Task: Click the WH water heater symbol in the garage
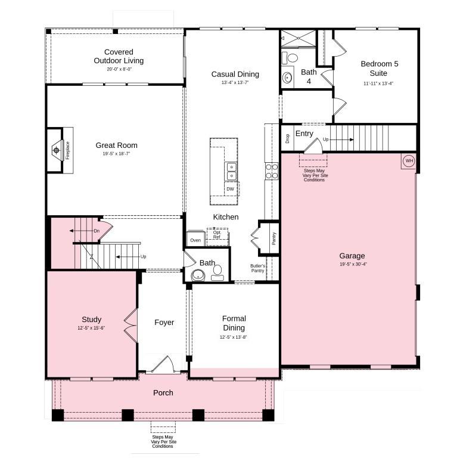click(x=409, y=160)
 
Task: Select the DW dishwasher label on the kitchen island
click(x=230, y=189)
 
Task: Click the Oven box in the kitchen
click(x=195, y=240)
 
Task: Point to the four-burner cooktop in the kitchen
click(x=271, y=171)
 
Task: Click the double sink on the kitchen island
click(x=230, y=171)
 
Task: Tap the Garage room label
click(x=352, y=256)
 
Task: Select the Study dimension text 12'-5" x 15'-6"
click(x=91, y=328)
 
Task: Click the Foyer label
click(x=164, y=323)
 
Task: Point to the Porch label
click(x=163, y=392)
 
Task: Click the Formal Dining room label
click(x=234, y=323)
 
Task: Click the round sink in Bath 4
click(x=288, y=78)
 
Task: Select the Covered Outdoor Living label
click(x=119, y=56)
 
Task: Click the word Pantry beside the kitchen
click(x=273, y=239)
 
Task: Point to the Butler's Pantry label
click(x=258, y=268)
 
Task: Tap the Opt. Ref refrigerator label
click(x=217, y=235)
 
